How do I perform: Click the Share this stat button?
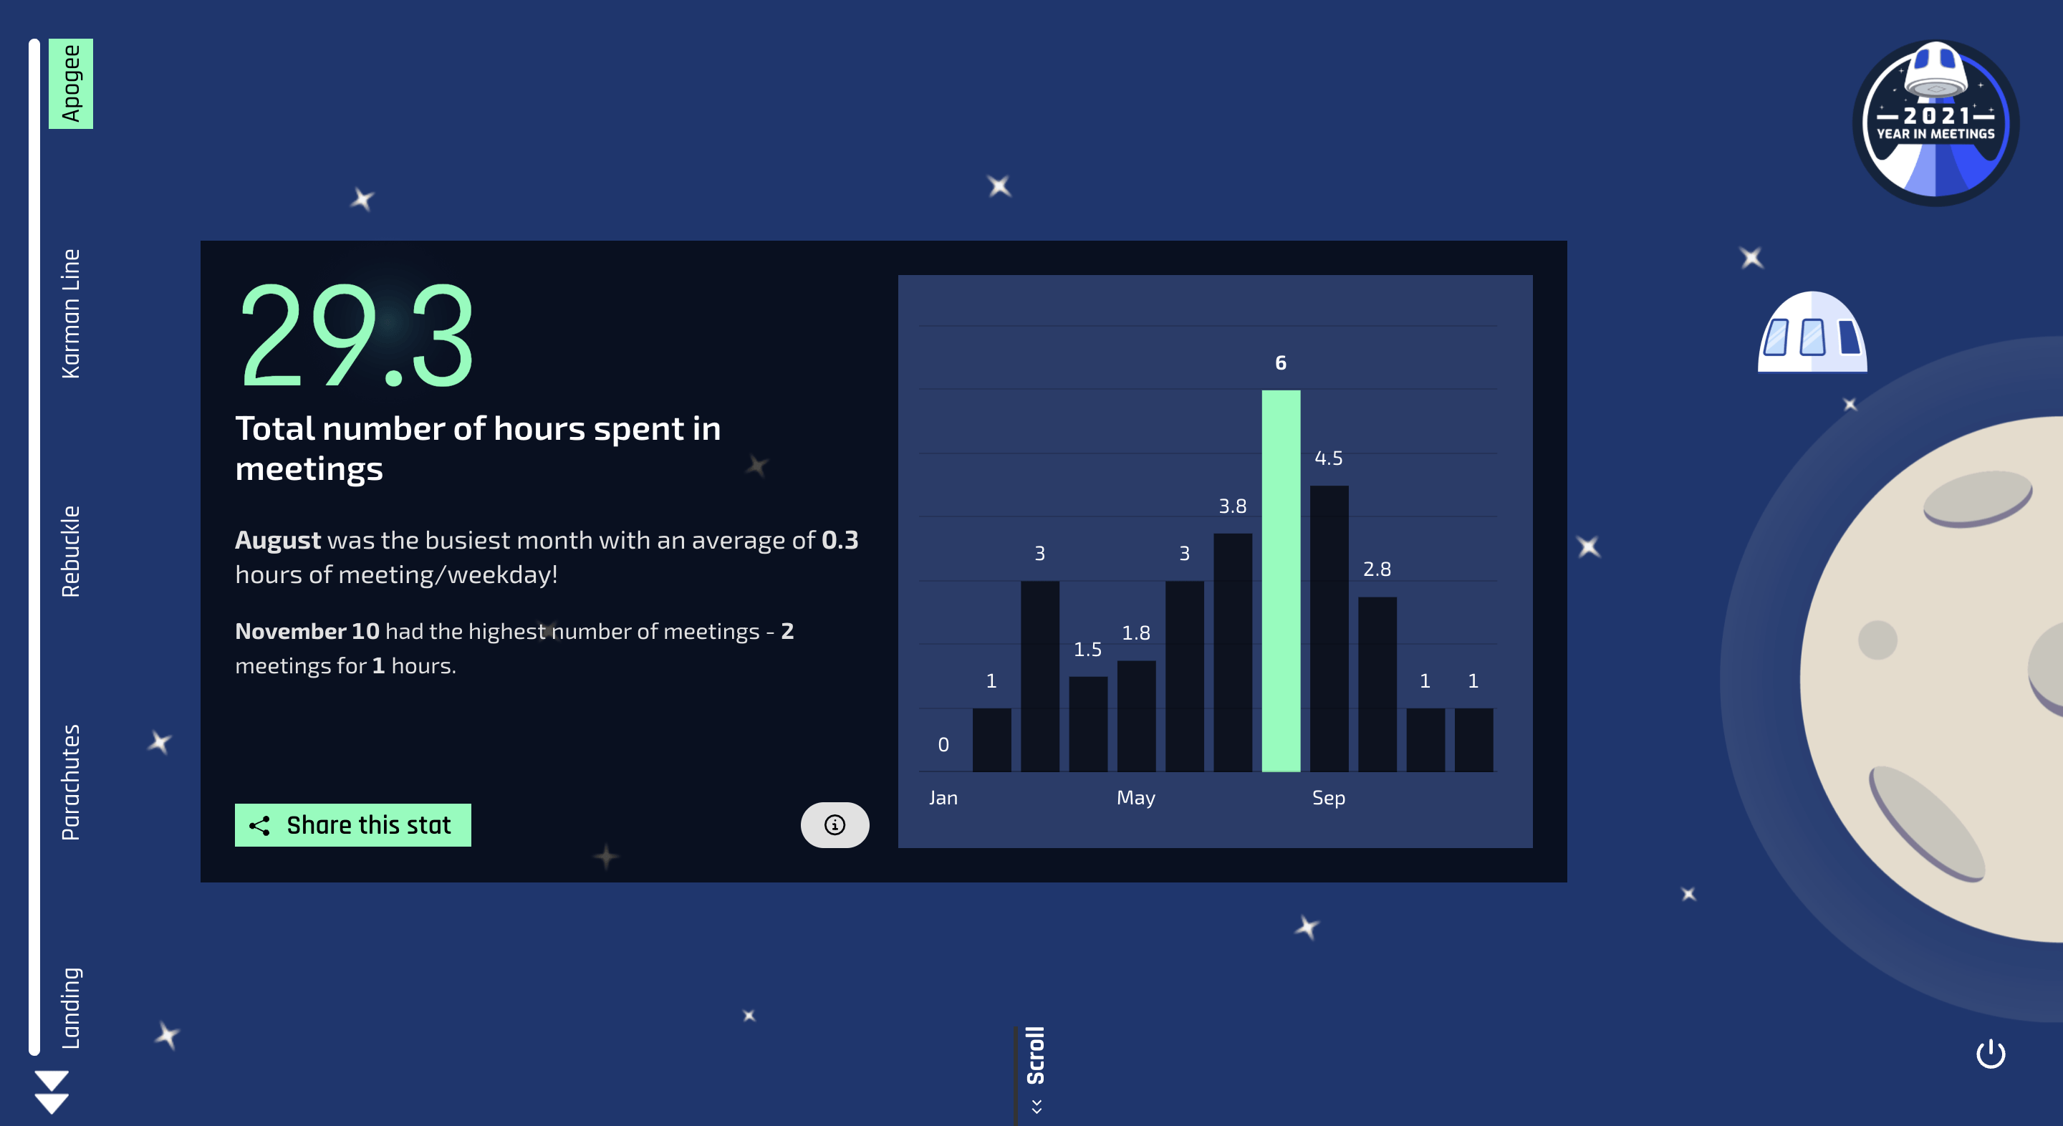(352, 825)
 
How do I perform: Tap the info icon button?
(835, 825)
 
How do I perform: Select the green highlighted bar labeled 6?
(1281, 581)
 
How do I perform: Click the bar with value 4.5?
(1329, 629)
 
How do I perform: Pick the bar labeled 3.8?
(1233, 652)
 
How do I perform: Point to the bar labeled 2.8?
(1377, 684)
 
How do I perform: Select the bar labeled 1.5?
(1087, 724)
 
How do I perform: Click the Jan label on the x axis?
(943, 798)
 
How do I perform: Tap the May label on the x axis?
(1135, 799)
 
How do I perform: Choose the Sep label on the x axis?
(1329, 799)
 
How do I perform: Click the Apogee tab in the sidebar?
(70, 83)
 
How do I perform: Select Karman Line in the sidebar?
(70, 313)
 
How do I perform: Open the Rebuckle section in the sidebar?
(70, 551)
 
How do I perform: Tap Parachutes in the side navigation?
(70, 782)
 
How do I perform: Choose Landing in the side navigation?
(70, 1008)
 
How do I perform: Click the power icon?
(1990, 1054)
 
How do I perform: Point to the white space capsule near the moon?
(1812, 332)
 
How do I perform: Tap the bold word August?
(278, 541)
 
